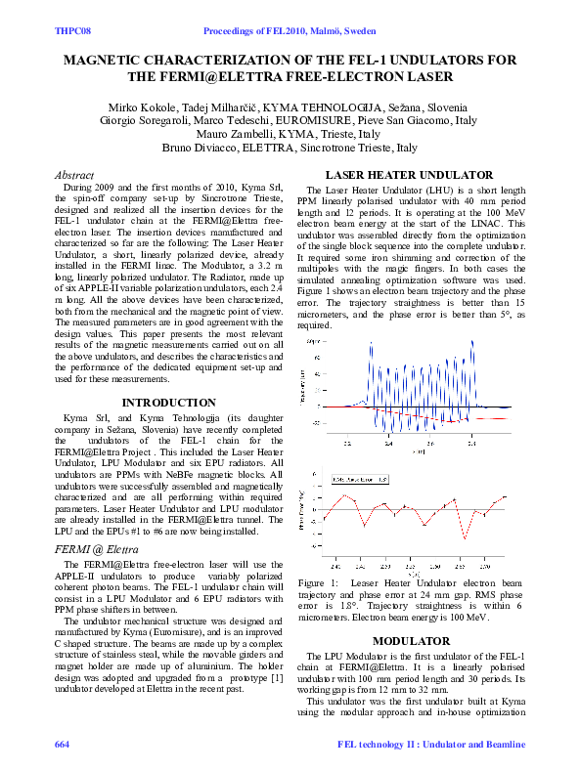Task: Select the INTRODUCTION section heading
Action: (168, 402)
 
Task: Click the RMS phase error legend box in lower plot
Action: (360, 480)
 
